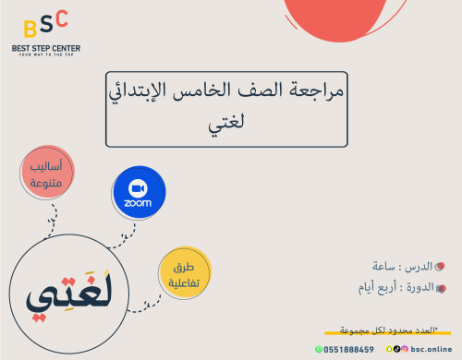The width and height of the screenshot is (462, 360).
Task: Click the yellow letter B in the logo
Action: pos(27,26)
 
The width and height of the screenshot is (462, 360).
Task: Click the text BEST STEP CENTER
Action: pos(46,46)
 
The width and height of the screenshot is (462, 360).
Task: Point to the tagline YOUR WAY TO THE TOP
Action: pos(46,54)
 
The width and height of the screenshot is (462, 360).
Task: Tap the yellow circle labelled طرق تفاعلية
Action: pos(184,274)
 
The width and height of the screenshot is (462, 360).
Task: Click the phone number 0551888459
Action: pos(348,350)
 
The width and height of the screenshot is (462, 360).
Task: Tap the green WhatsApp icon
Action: pos(320,350)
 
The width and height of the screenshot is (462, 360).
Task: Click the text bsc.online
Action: pos(431,350)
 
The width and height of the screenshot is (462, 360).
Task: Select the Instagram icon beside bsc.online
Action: pos(404,350)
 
